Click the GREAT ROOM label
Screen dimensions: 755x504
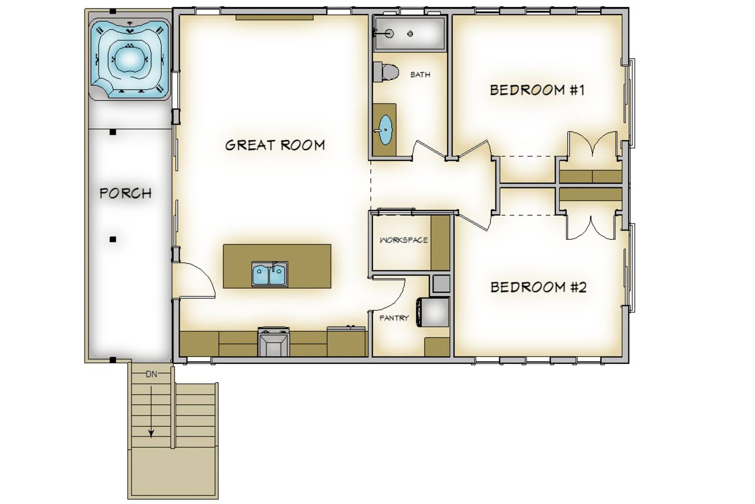[x=275, y=145]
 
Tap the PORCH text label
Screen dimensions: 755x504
[x=126, y=193]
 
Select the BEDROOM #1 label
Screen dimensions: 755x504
[x=537, y=90]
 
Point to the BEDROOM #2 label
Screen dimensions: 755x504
[x=538, y=287]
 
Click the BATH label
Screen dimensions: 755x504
[x=420, y=75]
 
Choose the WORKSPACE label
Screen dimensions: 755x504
[x=404, y=240]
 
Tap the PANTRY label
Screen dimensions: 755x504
[x=394, y=318]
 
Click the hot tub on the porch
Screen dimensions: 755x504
[x=130, y=60]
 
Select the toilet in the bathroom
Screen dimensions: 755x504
[x=386, y=71]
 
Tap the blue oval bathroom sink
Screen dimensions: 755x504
[x=386, y=130]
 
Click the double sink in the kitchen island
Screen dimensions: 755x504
[x=269, y=274]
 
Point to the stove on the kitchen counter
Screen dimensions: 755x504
[x=274, y=342]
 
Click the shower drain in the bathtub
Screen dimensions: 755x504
[x=410, y=34]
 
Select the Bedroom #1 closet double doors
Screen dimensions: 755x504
[x=593, y=144]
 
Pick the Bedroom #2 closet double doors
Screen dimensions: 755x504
[x=592, y=227]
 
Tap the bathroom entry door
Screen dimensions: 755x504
[x=430, y=149]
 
